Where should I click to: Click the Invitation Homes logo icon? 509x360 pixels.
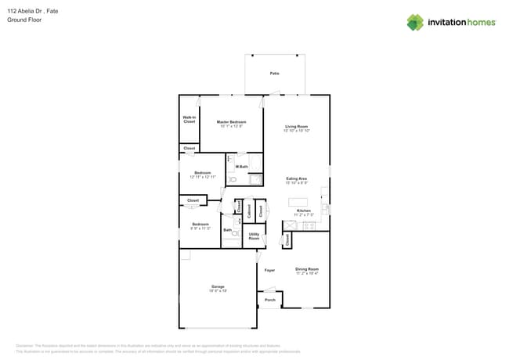[415, 22]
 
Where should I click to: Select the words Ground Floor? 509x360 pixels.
[24, 20]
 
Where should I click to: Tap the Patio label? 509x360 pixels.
[275, 73]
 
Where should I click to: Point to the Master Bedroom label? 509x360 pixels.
[231, 122]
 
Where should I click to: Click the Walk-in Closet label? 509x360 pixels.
[189, 120]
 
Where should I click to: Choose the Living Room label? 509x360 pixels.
[296, 126]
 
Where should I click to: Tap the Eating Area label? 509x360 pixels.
[296, 178]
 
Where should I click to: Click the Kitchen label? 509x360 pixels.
[303, 211]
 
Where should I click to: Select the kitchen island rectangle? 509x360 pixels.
[298, 201]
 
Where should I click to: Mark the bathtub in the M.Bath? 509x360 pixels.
[255, 179]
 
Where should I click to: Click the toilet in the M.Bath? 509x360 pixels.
[231, 179]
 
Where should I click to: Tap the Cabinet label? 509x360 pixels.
[249, 210]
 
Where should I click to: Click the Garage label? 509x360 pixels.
[217, 286]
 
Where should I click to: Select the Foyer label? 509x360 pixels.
[269, 270]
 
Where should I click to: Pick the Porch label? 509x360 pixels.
[269, 300]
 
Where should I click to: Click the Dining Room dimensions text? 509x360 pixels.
[307, 273]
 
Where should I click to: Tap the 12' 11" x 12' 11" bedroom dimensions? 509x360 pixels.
[203, 177]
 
